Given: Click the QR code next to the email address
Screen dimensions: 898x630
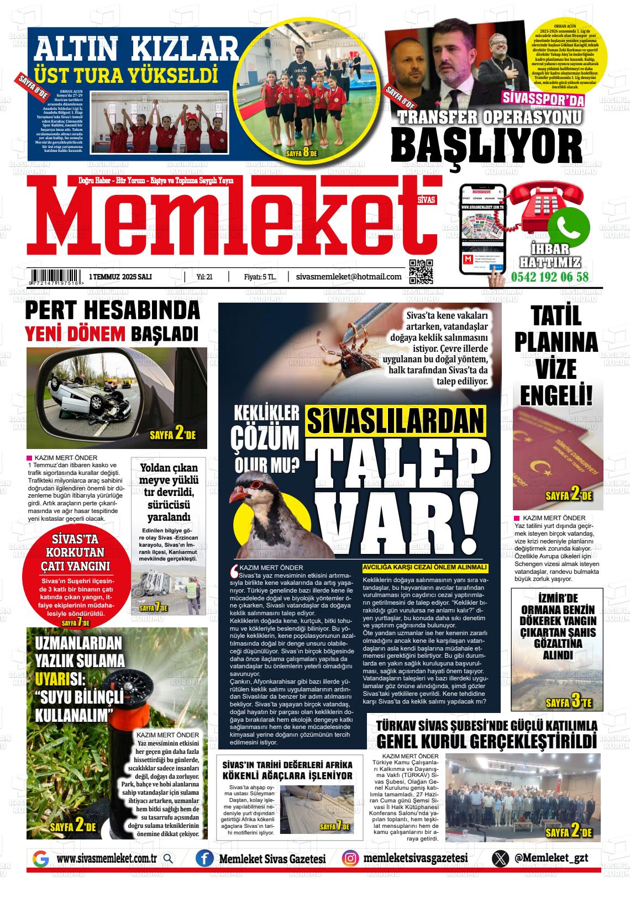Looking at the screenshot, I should (x=421, y=271).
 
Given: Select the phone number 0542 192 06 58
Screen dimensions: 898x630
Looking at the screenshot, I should (x=550, y=277).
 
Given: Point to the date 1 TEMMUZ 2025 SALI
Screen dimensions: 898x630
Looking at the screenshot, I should (x=120, y=277).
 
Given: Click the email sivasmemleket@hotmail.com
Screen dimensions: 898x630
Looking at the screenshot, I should (x=349, y=277).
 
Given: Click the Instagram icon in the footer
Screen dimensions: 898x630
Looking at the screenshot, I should (x=349, y=858).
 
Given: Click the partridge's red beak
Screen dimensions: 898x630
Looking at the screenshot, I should (x=237, y=494).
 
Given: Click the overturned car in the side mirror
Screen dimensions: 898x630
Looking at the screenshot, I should (x=94, y=395).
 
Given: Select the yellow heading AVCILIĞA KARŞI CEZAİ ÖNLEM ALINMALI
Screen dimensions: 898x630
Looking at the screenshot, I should (x=425, y=567).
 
